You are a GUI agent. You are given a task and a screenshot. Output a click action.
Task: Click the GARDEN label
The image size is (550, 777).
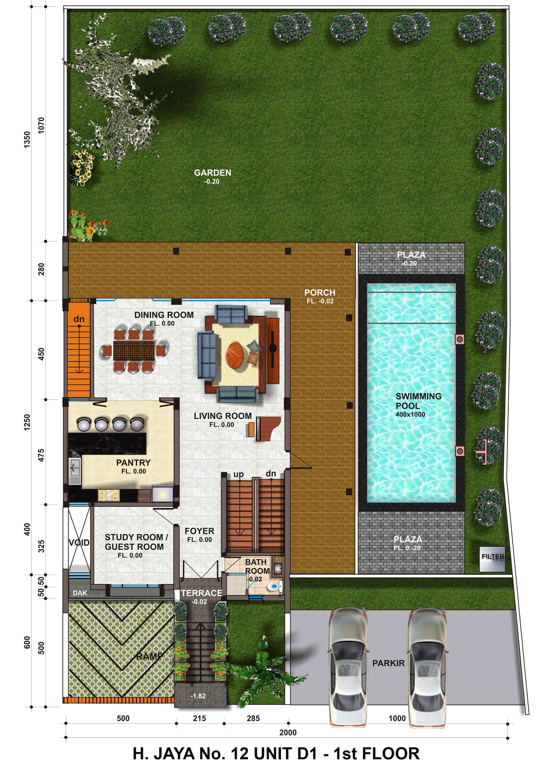[x=212, y=173]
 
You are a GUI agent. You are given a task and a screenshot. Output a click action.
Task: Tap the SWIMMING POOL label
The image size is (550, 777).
[x=418, y=401]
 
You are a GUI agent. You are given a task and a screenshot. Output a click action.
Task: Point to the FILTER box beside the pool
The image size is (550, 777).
[x=492, y=556]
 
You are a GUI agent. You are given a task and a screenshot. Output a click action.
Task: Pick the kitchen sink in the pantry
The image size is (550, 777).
[x=75, y=471]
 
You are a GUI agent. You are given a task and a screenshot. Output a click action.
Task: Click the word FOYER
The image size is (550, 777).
[x=199, y=531]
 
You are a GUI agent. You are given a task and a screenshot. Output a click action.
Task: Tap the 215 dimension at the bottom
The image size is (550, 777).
[x=199, y=719]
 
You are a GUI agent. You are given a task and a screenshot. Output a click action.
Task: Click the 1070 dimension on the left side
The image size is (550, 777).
[x=41, y=125]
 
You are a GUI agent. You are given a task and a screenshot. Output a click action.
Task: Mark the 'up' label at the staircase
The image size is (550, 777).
[x=238, y=474]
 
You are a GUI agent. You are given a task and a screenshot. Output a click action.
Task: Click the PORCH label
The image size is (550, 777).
[x=320, y=292]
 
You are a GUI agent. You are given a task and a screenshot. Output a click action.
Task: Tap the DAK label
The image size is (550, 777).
[x=80, y=593]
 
